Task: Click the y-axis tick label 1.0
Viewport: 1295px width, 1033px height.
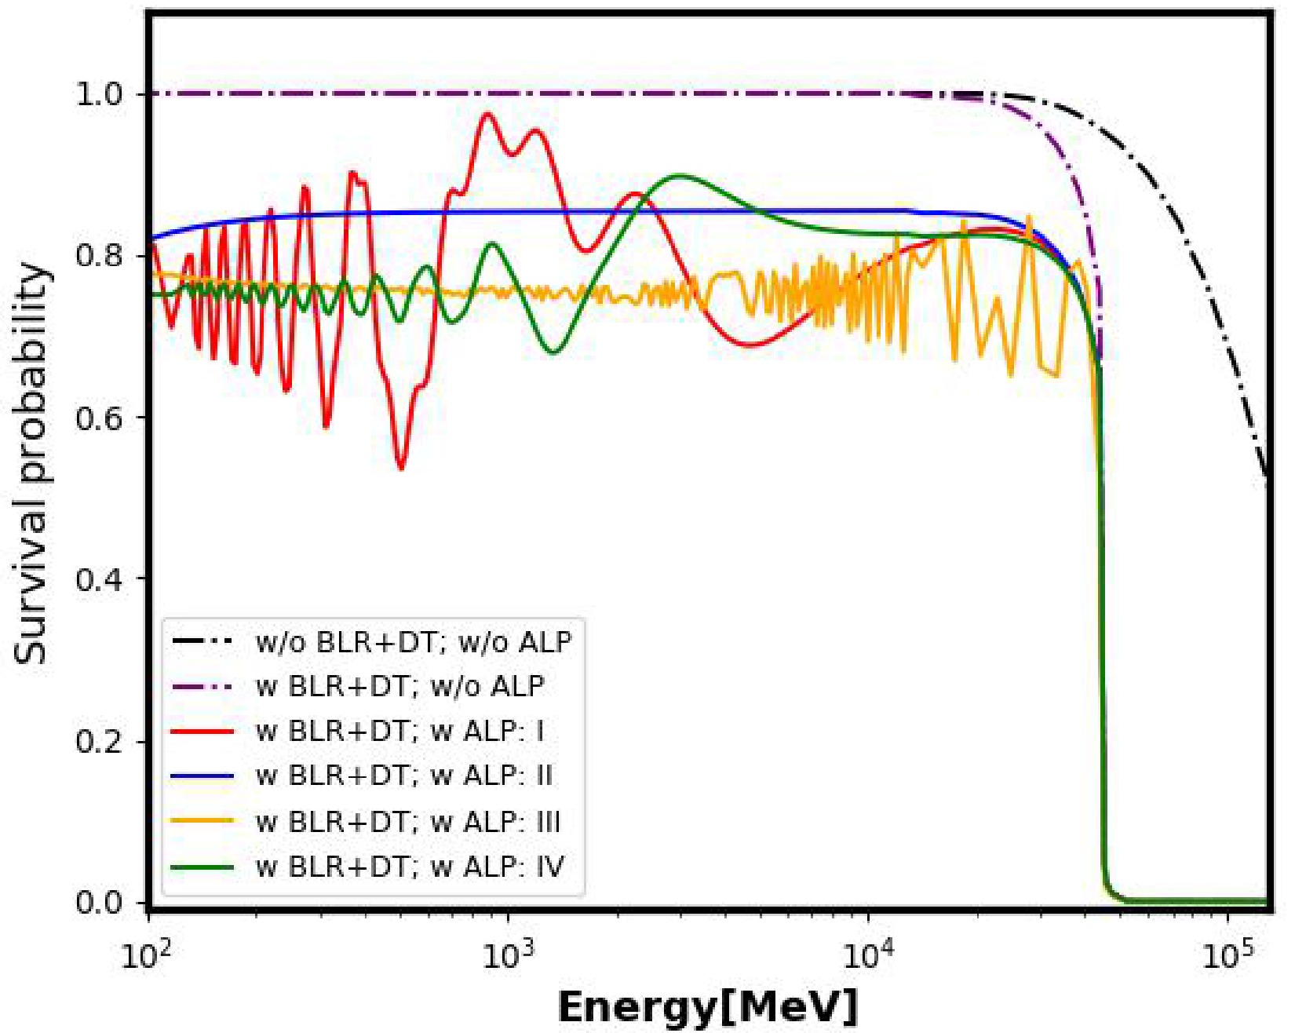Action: [99, 94]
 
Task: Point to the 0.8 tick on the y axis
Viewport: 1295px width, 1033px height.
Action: [99, 256]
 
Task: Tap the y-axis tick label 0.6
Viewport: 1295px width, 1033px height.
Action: [99, 418]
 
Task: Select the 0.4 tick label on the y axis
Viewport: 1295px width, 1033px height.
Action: [99, 579]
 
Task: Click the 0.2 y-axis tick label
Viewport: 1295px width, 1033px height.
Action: [99, 741]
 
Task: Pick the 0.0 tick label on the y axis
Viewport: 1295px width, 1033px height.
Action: [99, 903]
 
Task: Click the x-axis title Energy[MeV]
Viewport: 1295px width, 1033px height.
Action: [708, 1007]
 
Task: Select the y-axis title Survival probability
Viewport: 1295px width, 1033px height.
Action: [31, 463]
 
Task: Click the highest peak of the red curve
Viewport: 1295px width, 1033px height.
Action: [487, 114]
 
